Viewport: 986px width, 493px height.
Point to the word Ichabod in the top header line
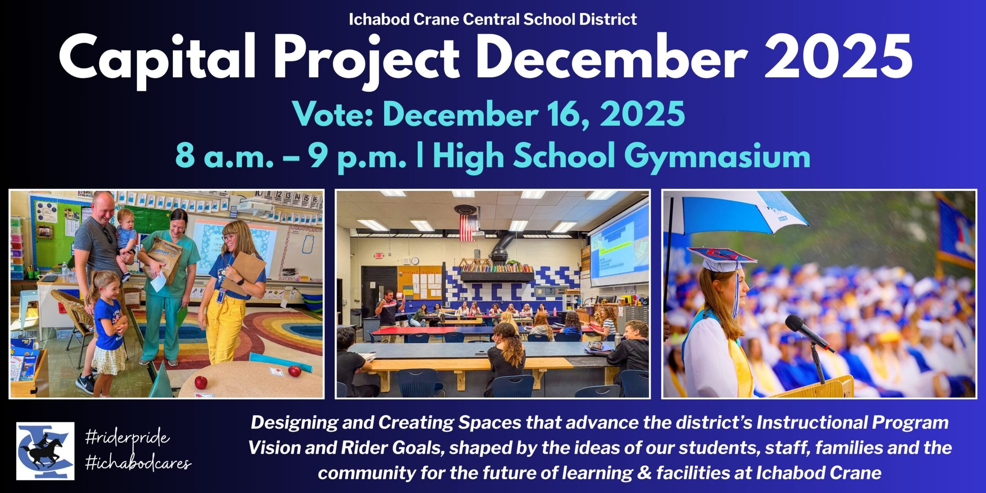click(379, 19)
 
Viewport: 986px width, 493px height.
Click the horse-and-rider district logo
click(45, 451)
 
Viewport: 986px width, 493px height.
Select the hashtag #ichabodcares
click(138, 463)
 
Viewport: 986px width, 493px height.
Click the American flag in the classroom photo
click(468, 227)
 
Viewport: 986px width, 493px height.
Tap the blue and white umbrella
click(736, 212)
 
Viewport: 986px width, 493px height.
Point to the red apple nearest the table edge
click(201, 382)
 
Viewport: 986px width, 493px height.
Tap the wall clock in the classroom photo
click(415, 261)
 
